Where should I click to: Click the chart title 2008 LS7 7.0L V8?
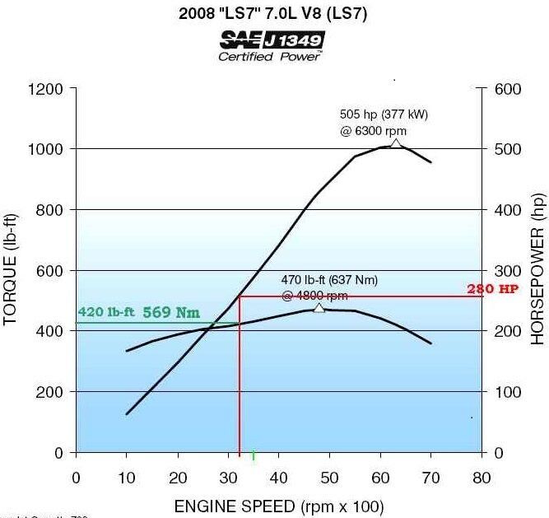coord(274,14)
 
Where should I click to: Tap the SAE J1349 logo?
coord(272,40)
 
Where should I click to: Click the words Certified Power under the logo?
coord(270,57)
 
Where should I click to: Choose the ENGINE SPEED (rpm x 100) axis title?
coord(278,506)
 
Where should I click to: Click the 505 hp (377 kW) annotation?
coord(384,114)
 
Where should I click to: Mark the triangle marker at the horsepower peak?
coord(396,144)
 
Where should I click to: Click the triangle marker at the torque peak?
coord(319,308)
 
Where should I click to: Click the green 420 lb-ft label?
coord(106,312)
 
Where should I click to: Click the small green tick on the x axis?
coord(253,455)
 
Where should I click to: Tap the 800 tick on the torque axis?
coord(50,210)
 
